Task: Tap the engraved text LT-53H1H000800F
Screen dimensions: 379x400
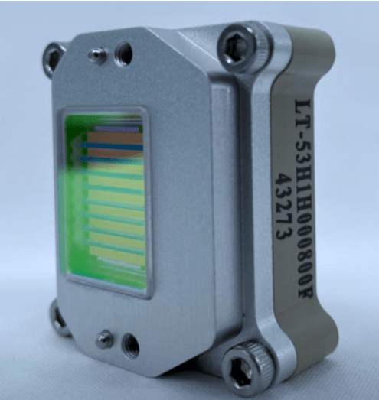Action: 304,198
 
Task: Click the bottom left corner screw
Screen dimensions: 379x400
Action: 58,319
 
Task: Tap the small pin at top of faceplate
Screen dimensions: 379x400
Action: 97,56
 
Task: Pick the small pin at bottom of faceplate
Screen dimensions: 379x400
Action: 105,340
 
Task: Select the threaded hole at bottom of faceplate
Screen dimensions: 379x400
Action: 130,346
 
